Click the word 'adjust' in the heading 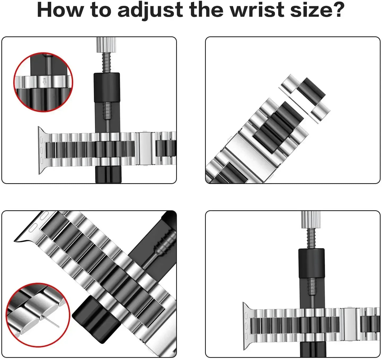click(x=150, y=10)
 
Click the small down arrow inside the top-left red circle click(x=45, y=82)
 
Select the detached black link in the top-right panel click(x=311, y=92)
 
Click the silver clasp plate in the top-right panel click(x=249, y=152)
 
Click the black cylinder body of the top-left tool click(x=107, y=88)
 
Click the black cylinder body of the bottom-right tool click(x=311, y=263)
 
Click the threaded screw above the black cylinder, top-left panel click(x=107, y=63)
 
